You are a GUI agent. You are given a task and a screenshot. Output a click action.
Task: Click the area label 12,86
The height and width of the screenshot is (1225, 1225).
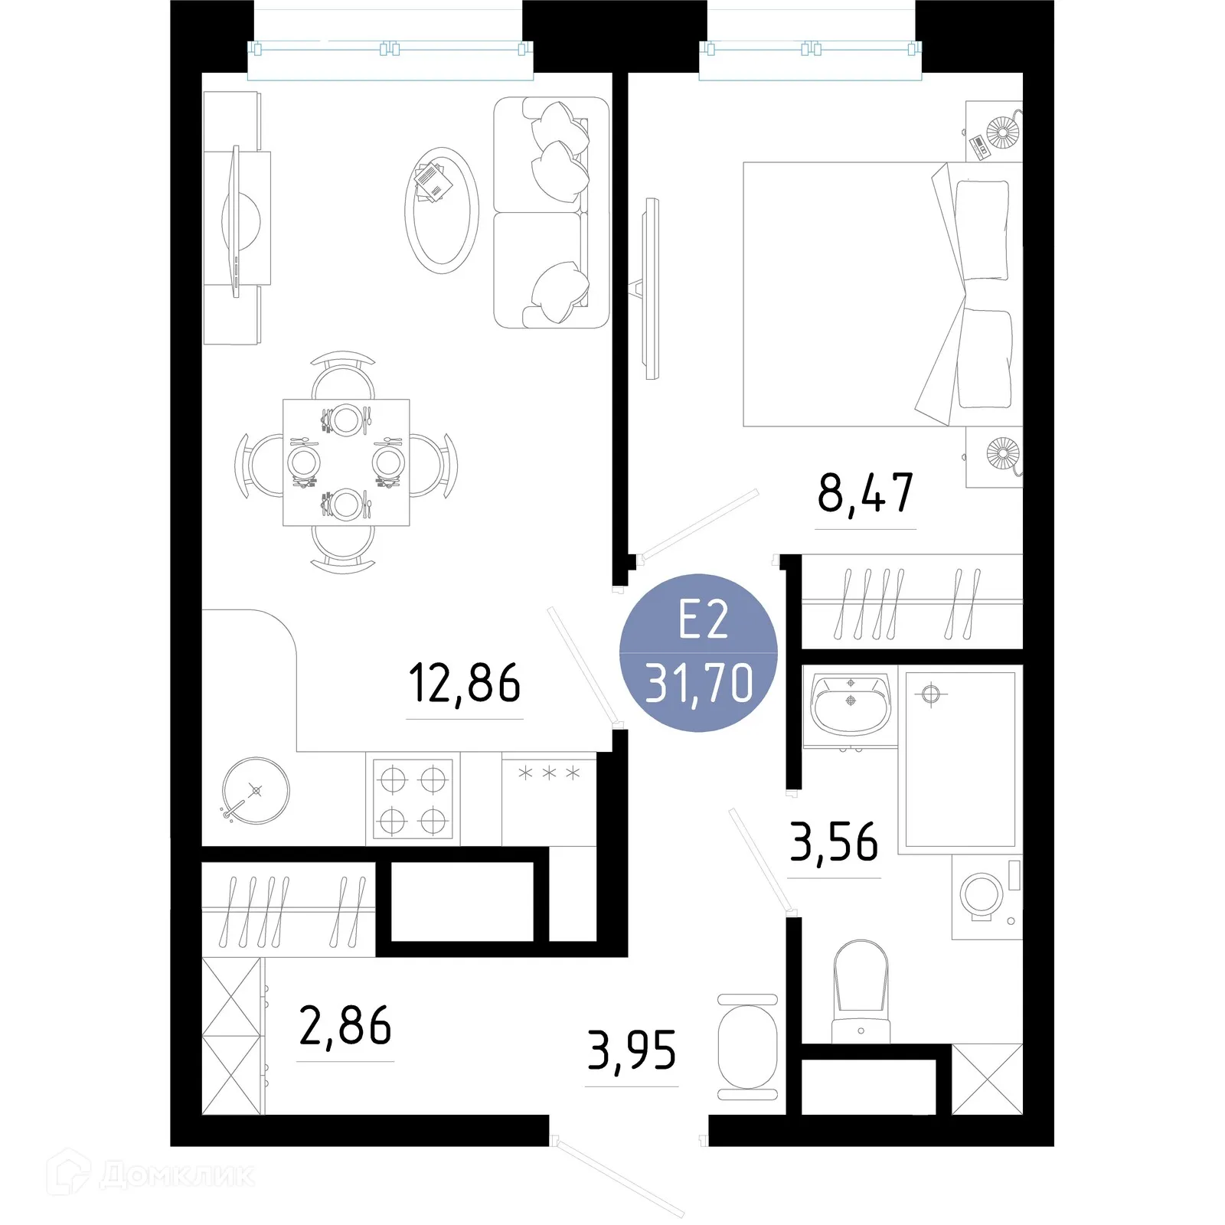click(x=464, y=683)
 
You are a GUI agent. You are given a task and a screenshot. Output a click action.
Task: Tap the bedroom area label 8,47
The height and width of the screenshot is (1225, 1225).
click(x=865, y=493)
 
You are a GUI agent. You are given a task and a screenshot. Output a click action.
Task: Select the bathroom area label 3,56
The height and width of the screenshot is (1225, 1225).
click(x=834, y=842)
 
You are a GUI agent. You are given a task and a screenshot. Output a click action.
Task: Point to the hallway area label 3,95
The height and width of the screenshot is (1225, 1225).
click(x=632, y=1050)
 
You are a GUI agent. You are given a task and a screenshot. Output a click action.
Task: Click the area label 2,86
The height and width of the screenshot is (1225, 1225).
click(x=345, y=1026)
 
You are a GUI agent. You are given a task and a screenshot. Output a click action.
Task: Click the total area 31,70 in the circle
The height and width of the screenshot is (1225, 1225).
click(x=699, y=684)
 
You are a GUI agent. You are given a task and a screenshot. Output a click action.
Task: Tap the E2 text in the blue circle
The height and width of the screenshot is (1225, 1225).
click(x=702, y=620)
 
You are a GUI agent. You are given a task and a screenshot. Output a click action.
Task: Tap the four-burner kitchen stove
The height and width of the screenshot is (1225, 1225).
click(x=413, y=800)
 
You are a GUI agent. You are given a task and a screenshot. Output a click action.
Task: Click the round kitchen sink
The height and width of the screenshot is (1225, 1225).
click(x=256, y=790)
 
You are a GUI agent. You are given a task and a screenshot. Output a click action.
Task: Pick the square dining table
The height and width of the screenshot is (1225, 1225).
click(x=346, y=462)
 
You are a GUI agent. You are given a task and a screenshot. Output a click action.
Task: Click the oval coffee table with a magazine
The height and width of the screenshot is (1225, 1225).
click(x=442, y=210)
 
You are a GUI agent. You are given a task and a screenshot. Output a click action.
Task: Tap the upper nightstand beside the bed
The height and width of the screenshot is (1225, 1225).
click(x=994, y=131)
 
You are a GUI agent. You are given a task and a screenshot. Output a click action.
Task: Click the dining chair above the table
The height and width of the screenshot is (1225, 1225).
click(x=343, y=377)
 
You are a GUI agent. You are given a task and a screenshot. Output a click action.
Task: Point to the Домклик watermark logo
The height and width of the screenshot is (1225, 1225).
click(x=153, y=1174)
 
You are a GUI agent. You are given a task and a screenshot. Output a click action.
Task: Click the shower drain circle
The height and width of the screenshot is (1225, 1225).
click(x=930, y=694)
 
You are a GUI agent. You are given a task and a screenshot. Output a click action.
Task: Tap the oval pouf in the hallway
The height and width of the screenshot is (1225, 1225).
click(x=748, y=1047)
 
